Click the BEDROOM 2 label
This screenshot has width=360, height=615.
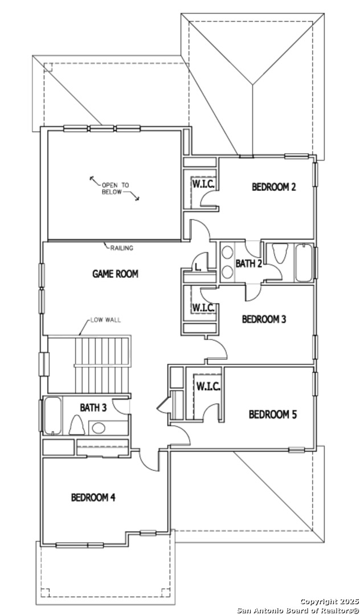pos(273,187)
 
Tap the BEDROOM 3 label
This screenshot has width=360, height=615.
pos(264,319)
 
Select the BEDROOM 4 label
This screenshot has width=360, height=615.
pos(93,497)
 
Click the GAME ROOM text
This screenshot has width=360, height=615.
pos(115,274)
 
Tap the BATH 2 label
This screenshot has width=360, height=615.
pos(248,264)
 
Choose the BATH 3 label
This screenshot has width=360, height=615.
pos(93,408)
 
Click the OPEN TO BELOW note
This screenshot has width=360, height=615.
pos(115,188)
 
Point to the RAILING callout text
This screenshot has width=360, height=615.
pos(121,248)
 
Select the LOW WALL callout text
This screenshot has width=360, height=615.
pos(105,320)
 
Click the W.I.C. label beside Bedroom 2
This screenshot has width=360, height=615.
pos(203,184)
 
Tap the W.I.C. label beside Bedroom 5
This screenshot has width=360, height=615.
pos(208,387)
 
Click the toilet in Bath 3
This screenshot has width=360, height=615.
pos(77,425)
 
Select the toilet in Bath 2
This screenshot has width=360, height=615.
pos(280,254)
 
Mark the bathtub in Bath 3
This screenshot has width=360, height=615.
pos(52,416)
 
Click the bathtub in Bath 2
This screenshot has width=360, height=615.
pos(304,263)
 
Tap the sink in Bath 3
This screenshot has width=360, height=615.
pos(99,428)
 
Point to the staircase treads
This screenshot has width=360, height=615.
pos(102,365)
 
